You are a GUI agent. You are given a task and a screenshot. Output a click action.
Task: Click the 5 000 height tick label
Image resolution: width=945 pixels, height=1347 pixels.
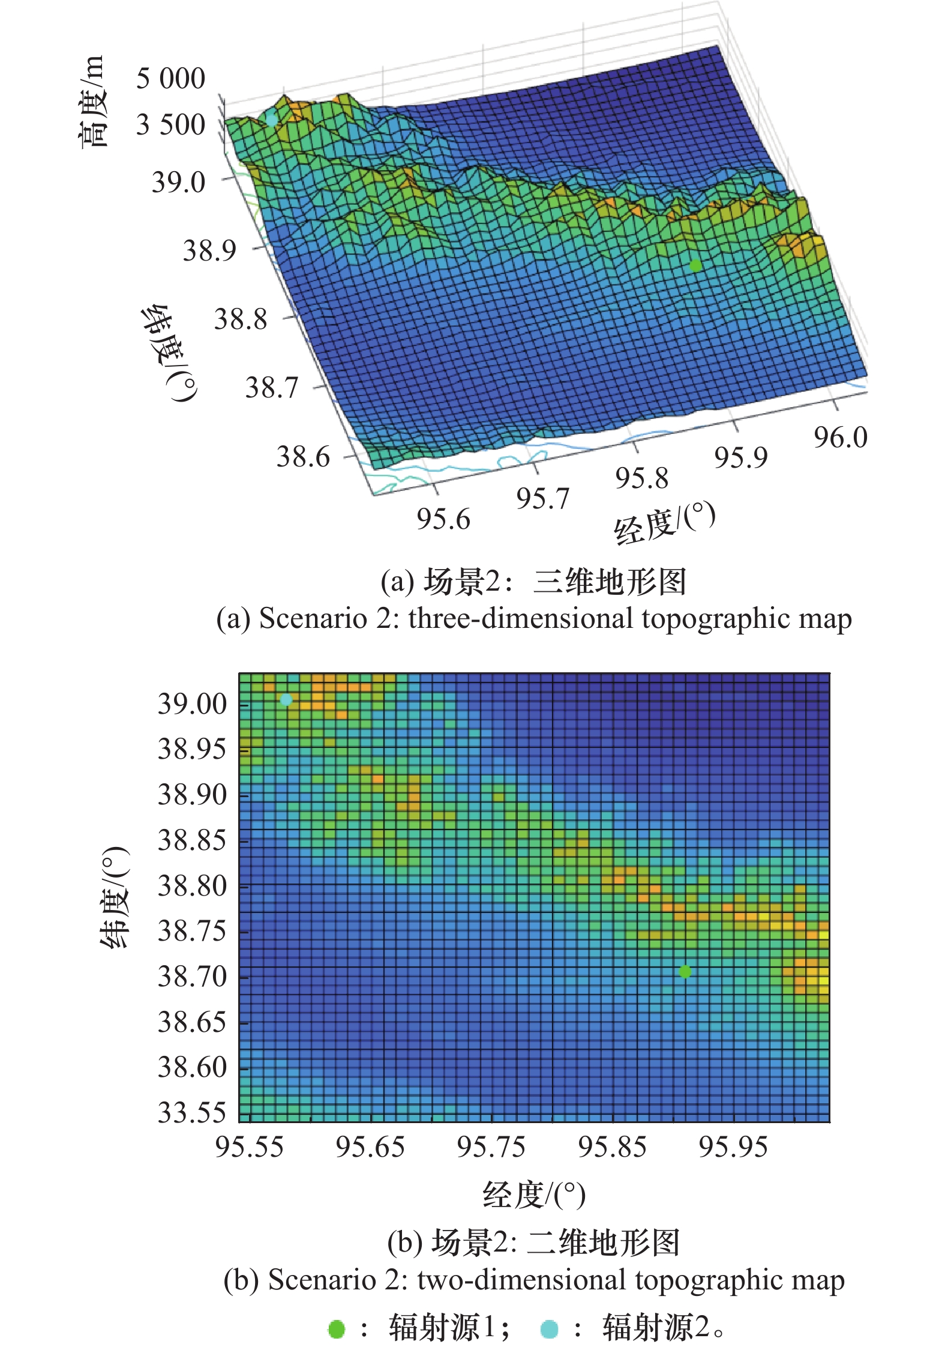(170, 79)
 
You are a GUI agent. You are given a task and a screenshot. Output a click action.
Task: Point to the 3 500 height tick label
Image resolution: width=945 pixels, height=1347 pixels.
(170, 125)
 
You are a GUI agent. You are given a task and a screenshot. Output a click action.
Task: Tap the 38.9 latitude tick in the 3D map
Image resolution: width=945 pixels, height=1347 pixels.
(209, 250)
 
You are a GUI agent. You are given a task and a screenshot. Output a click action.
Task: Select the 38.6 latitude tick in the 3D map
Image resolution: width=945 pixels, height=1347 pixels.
(303, 457)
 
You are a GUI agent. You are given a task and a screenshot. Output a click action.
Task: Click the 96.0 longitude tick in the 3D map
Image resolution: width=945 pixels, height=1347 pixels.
(841, 438)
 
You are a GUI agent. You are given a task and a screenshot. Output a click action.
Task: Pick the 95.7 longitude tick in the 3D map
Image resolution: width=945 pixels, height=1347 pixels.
(542, 499)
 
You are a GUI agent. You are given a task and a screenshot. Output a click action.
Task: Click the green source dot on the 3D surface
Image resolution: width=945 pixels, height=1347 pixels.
(695, 265)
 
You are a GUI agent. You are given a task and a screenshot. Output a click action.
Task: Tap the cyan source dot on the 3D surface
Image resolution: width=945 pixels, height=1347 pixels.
(272, 119)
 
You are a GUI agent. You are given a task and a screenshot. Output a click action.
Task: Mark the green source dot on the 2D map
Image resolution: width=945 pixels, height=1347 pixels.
(685, 971)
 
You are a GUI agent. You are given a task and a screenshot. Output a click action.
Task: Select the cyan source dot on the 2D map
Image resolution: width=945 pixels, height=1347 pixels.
(286, 699)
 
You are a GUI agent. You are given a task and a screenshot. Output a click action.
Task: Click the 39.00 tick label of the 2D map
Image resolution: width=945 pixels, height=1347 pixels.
(192, 704)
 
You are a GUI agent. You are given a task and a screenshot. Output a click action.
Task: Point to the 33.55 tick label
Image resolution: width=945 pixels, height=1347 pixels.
(192, 1112)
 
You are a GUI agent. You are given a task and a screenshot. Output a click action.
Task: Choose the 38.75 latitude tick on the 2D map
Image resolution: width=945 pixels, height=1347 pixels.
(192, 931)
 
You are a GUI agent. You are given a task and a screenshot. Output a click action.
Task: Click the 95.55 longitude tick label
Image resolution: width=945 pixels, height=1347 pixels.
(249, 1147)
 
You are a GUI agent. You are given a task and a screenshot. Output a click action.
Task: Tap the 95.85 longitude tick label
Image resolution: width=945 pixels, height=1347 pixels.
(612, 1147)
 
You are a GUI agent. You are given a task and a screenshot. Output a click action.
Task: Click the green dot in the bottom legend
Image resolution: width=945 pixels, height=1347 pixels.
(337, 1328)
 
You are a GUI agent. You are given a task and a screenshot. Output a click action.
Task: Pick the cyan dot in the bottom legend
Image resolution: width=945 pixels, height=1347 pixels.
(549, 1328)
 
